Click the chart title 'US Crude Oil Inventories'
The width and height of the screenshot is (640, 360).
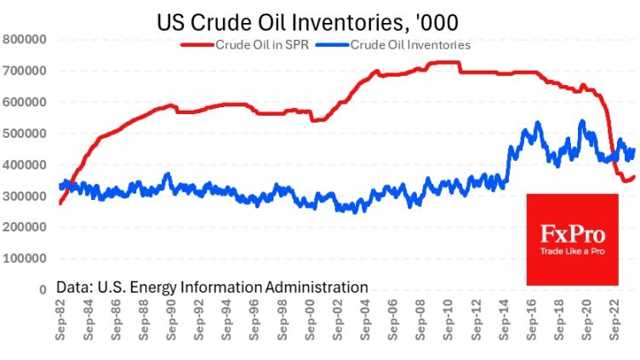pos(281,22)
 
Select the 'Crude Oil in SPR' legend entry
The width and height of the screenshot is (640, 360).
pos(244,45)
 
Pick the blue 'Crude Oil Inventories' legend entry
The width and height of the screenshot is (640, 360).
pos(393,45)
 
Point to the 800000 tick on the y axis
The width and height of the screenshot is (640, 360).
pos(25,40)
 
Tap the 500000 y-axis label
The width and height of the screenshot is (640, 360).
pos(25,134)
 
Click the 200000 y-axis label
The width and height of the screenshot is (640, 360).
pos(25,227)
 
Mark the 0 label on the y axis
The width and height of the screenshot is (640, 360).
pos(43,290)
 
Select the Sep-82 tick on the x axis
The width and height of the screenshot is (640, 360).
pos(60,320)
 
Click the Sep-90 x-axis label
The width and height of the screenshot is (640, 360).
pos(171,320)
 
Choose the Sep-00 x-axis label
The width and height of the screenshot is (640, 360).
pos(310,320)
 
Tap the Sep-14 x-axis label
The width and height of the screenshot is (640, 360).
pos(504,320)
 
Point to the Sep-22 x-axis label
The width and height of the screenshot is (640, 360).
pos(614,320)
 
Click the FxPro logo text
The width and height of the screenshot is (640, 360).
pos(573,234)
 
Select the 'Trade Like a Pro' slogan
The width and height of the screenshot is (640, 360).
pos(573,251)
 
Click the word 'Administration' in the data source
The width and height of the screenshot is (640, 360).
pos(317,288)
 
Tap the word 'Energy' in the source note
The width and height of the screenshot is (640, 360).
pos(153,289)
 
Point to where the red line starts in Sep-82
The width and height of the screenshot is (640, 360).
pos(60,203)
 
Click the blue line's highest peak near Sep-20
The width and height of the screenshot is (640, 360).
pos(582,121)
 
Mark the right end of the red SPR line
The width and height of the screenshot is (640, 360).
pos(634,177)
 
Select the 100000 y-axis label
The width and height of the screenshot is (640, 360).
pos(25,259)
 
